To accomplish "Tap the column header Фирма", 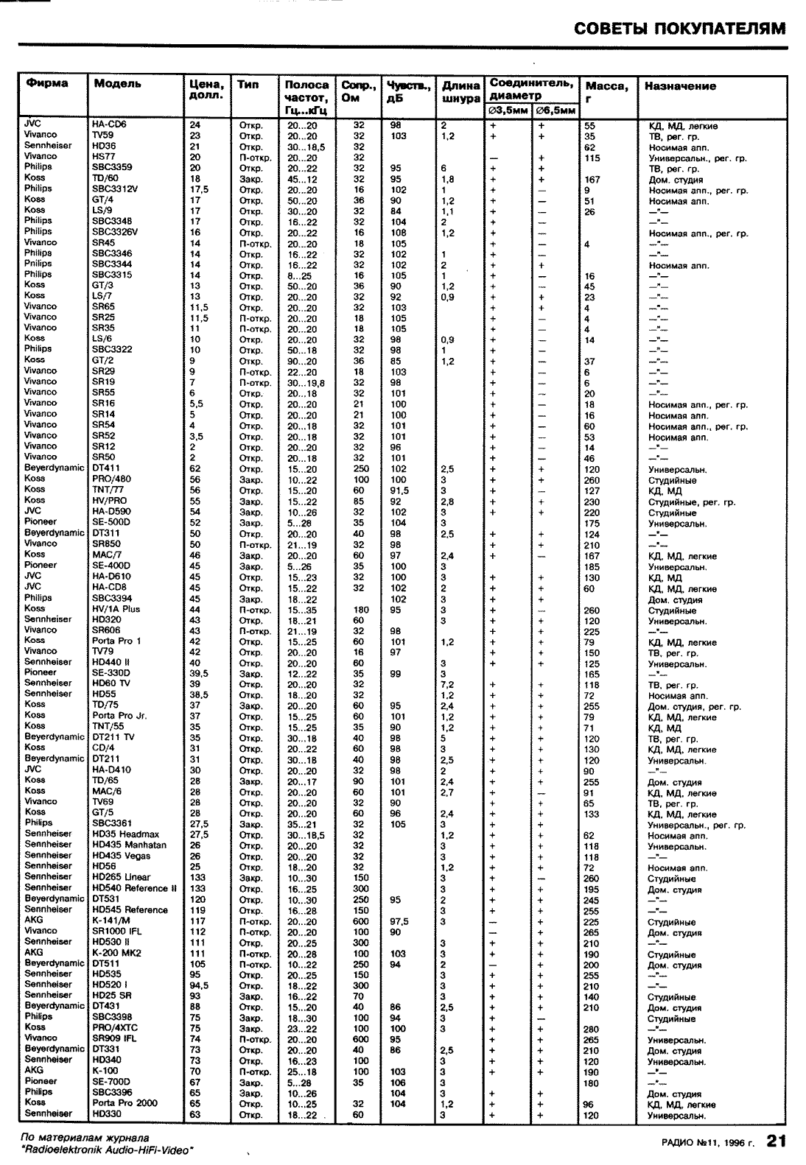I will pyautogui.click(x=46, y=83).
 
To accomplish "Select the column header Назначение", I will pyautogui.click(x=679, y=86).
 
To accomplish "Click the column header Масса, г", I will pyautogui.click(x=606, y=91).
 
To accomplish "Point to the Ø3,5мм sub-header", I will pyautogui.click(x=509, y=110).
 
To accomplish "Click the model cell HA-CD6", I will pyautogui.click(x=109, y=124).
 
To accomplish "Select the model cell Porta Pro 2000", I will pyautogui.click(x=125, y=1103).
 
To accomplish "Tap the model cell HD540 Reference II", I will pyautogui.click(x=134, y=888).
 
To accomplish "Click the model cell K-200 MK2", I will pyautogui.click(x=116, y=952).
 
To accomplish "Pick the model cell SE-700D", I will pyautogui.click(x=111, y=1081).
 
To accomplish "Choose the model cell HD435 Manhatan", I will pyautogui.click(x=129, y=845).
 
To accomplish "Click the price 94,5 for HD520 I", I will pyautogui.click(x=199, y=985).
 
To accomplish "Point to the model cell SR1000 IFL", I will pyautogui.click(x=118, y=931).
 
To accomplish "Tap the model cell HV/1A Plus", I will pyautogui.click(x=116, y=609).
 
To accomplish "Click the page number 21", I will pyautogui.click(x=777, y=1141).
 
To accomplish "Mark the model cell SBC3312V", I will pyautogui.click(x=115, y=189).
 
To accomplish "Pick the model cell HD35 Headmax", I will pyautogui.click(x=122, y=834).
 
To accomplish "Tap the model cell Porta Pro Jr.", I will pyautogui.click(x=119, y=715).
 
